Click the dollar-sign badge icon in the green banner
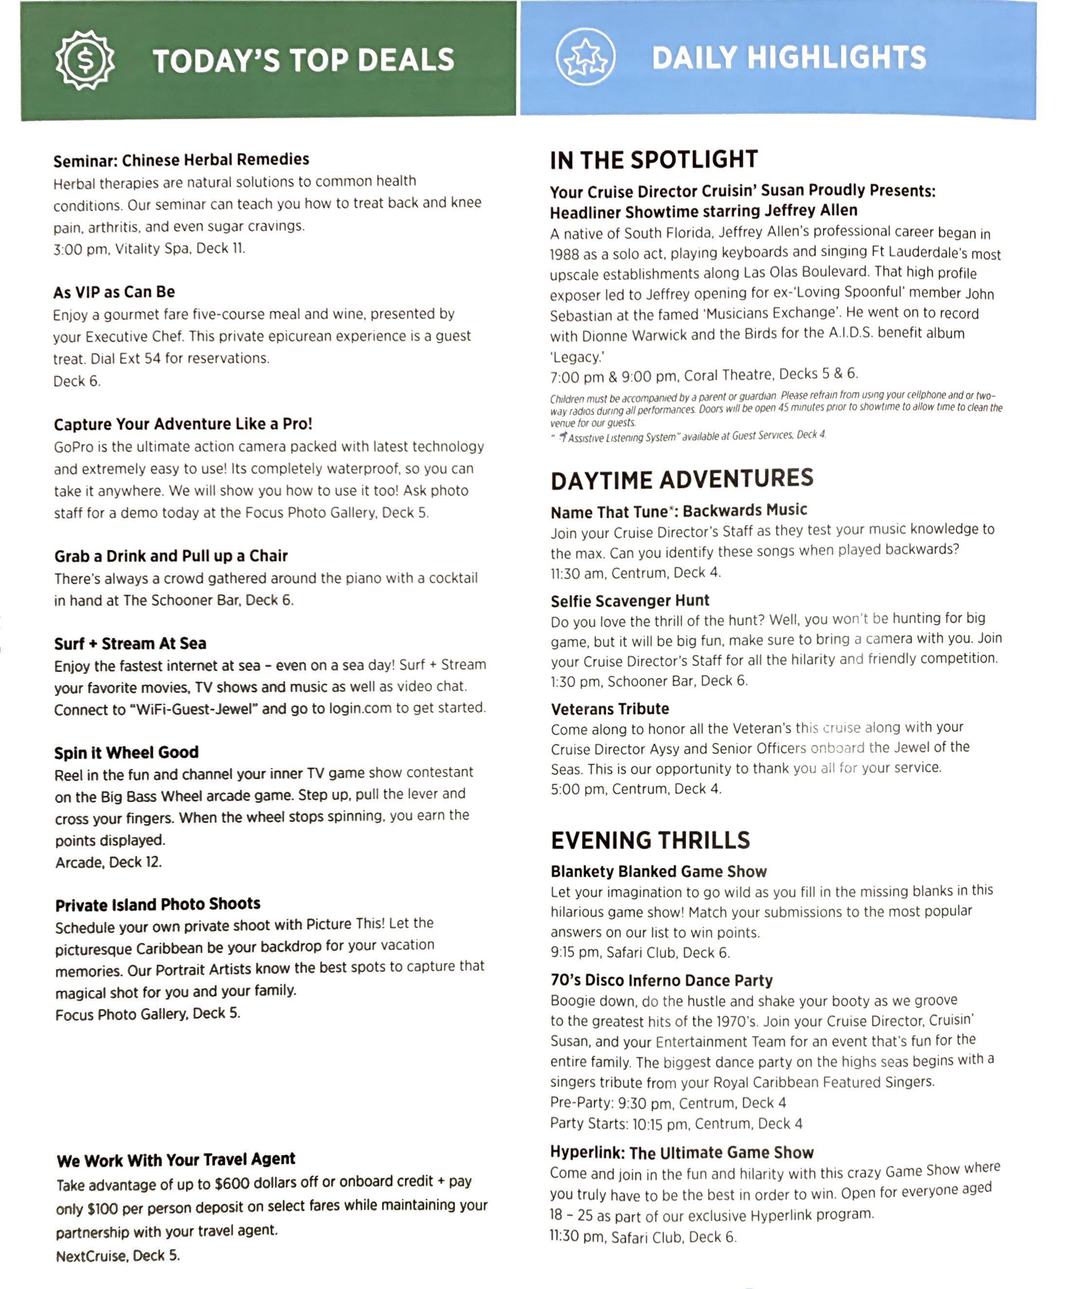pos(85,60)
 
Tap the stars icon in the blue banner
pos(585,57)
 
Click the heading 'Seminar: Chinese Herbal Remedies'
pos(181,160)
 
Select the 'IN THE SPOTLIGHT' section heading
pos(654,160)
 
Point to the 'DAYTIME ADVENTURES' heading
pos(682,479)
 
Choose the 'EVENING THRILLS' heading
pos(650,840)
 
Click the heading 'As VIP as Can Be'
pos(114,292)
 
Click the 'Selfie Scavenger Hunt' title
pos(629,600)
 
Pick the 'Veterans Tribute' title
pos(610,709)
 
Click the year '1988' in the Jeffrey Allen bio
pos(563,254)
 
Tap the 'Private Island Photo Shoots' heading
pos(158,904)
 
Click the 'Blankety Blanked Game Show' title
pos(658,872)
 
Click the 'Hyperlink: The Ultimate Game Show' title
pos(682,1153)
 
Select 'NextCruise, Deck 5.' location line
pos(118,1256)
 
